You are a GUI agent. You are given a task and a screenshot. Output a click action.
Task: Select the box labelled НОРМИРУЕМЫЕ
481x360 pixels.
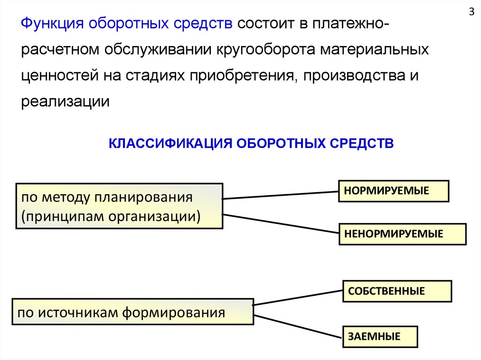(394, 191)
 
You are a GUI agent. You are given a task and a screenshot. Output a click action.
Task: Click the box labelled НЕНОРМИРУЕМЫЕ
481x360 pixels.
(403, 234)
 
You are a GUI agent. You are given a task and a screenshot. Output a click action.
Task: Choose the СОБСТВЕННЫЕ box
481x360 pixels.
(397, 291)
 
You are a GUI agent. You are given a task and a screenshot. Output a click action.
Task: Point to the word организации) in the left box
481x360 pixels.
(155, 216)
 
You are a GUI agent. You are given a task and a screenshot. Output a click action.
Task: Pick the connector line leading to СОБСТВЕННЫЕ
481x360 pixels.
(298, 298)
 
